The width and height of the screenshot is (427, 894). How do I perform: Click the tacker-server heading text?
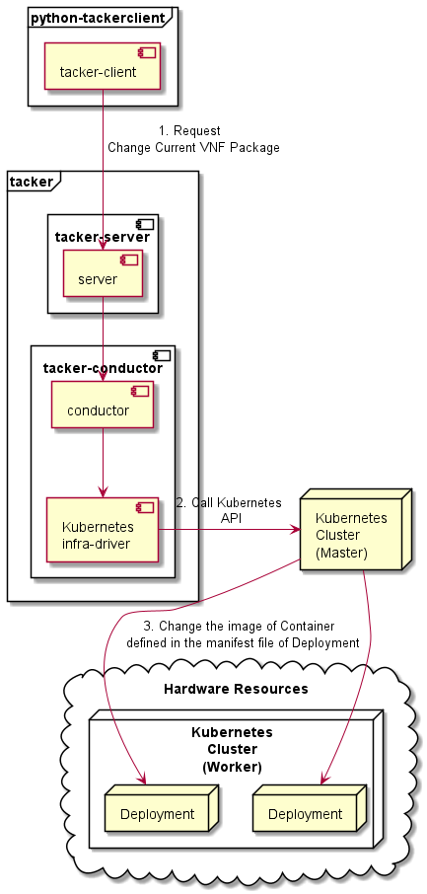[x=103, y=236]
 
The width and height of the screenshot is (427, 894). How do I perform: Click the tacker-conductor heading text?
[x=103, y=368]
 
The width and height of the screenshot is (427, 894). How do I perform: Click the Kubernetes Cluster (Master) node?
[x=351, y=535]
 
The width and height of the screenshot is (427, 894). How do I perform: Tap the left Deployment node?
[x=154, y=814]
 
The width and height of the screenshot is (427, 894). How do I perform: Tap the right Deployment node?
[x=305, y=814]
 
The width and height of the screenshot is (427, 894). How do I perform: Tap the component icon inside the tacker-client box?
[x=150, y=50]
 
